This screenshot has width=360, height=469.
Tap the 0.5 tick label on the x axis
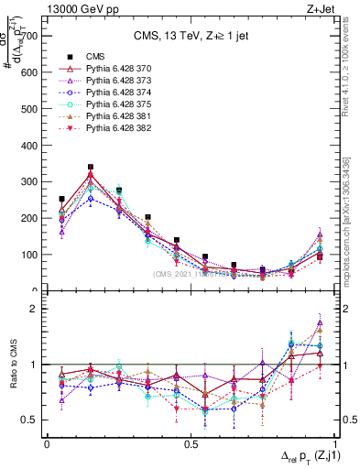[x=190, y=443]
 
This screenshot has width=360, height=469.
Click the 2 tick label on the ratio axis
[x=34, y=310]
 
